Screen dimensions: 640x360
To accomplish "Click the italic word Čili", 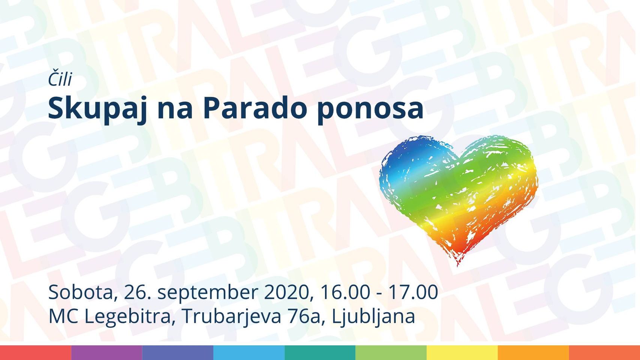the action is pyautogui.click(x=60, y=79).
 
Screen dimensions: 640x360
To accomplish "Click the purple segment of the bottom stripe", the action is pyautogui.click(x=106, y=352).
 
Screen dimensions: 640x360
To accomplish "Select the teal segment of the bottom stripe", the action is pyautogui.click(x=320, y=352).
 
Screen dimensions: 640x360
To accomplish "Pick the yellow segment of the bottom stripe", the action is pyautogui.click(x=462, y=352).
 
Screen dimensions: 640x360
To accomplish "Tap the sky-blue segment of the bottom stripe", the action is pyautogui.click(x=249, y=352).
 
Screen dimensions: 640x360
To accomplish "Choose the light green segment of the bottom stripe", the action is pyautogui.click(x=391, y=352).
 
